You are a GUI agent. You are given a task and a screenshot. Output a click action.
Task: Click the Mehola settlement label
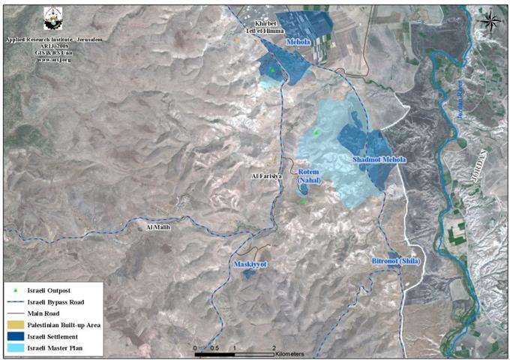tap(298, 43)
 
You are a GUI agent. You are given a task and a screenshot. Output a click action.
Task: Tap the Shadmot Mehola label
tap(379, 160)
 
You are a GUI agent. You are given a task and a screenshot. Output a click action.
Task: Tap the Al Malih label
tap(160, 226)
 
